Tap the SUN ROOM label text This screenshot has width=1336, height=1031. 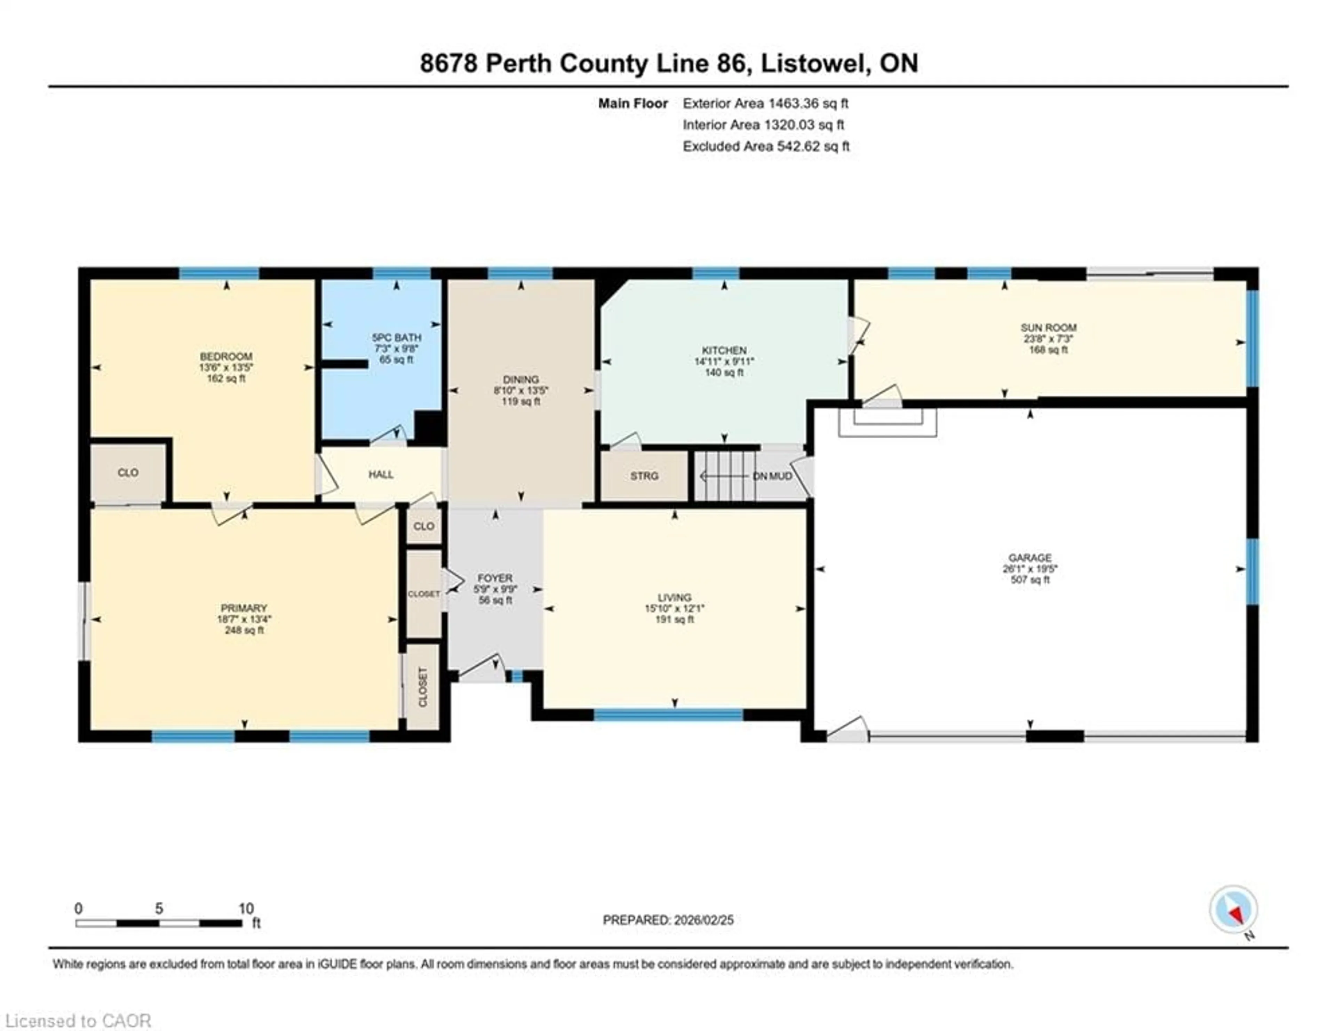coord(1048,328)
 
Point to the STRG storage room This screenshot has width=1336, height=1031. coord(644,476)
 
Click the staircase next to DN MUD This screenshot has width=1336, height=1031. coord(725,476)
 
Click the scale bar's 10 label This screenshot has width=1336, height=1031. coord(246,909)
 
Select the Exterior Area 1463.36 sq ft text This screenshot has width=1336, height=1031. coord(765,103)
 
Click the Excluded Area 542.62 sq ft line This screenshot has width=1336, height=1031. coord(766,146)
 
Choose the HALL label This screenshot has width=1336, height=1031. coord(381,474)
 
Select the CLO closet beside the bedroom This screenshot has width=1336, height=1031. coord(128,473)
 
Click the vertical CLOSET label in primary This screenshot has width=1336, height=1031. coord(423,687)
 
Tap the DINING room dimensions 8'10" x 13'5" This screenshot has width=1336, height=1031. coord(520,391)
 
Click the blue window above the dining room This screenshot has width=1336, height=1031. coord(520,273)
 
